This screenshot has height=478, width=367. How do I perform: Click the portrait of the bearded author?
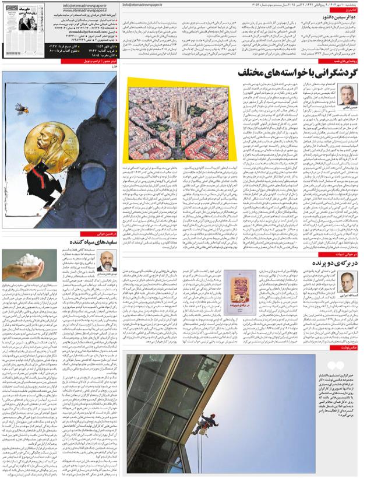coord(107,261)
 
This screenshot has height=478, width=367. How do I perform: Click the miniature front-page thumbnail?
coord(27,20)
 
